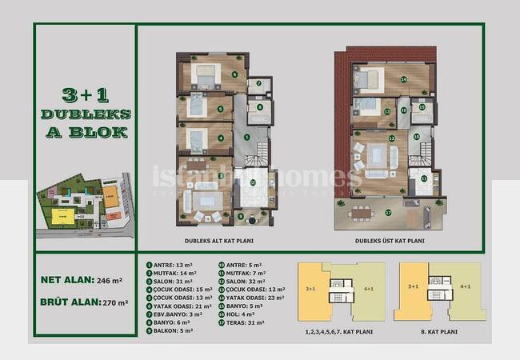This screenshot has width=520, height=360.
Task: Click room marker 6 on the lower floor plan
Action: [x=234, y=75]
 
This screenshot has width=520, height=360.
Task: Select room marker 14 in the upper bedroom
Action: [x=404, y=79]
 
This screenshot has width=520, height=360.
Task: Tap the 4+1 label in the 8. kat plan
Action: [x=465, y=286]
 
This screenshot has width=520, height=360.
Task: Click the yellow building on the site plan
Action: [x=61, y=215]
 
